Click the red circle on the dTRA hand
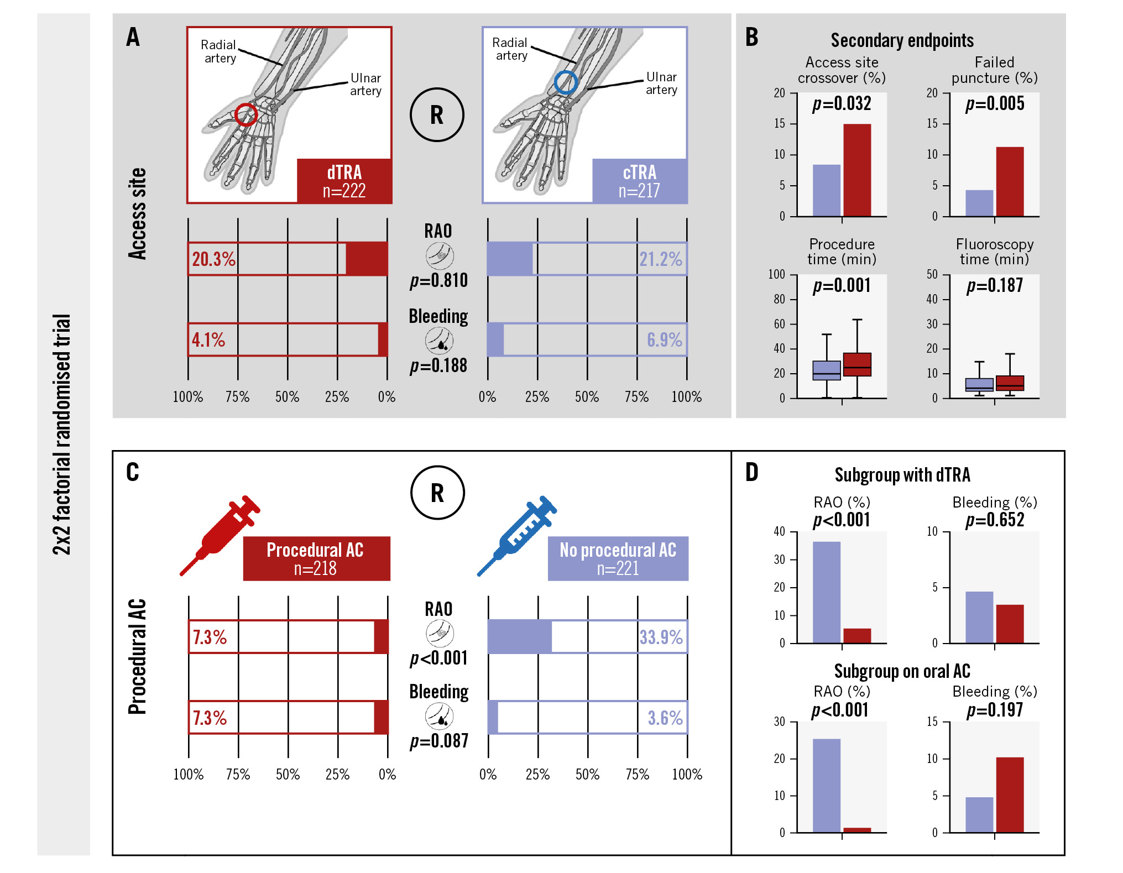click(x=246, y=114)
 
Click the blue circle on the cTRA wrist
click(x=566, y=83)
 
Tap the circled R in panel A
click(x=437, y=115)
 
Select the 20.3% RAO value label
click(x=213, y=259)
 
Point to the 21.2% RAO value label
click(x=661, y=259)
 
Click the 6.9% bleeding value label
click(x=664, y=339)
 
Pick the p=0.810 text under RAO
click(x=438, y=280)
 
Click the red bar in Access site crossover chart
click(x=856, y=170)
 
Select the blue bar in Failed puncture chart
click(x=979, y=203)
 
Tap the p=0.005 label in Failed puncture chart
click(x=995, y=103)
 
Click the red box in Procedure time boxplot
click(x=857, y=364)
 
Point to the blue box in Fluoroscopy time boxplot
click(x=979, y=385)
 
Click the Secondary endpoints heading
click(x=902, y=40)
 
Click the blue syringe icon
click(x=517, y=535)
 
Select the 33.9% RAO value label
click(x=661, y=637)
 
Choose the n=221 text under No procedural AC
click(x=618, y=568)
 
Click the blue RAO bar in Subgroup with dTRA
click(x=827, y=592)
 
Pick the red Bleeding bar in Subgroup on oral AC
click(x=1010, y=794)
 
